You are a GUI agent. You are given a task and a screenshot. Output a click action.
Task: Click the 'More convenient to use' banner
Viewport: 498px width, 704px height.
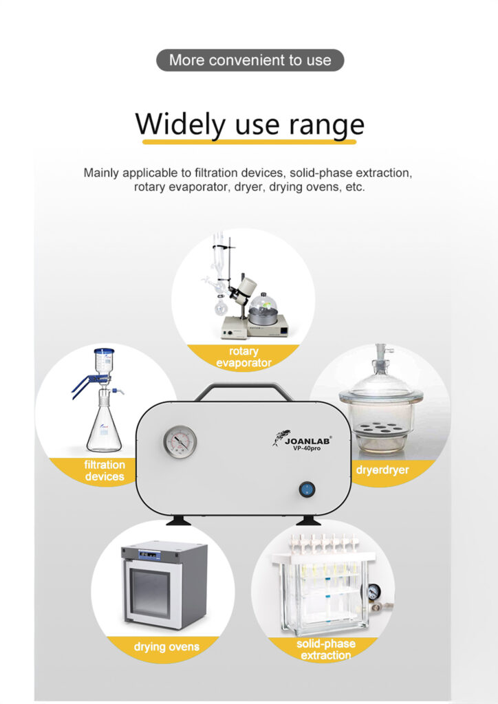pyautogui.click(x=250, y=60)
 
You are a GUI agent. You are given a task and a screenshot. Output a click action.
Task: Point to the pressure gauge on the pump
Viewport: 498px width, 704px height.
pyautogui.click(x=180, y=442)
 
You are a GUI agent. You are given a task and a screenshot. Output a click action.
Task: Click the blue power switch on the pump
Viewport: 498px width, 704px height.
pyautogui.click(x=307, y=489)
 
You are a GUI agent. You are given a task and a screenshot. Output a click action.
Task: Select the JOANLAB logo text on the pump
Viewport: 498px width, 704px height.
pyautogui.click(x=307, y=441)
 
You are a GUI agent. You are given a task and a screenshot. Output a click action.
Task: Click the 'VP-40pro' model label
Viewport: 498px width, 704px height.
pyautogui.click(x=307, y=448)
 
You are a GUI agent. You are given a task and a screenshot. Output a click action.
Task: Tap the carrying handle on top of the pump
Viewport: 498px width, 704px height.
pyautogui.click(x=243, y=390)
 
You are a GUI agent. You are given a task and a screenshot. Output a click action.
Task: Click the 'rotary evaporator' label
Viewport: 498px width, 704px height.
pyautogui.click(x=243, y=357)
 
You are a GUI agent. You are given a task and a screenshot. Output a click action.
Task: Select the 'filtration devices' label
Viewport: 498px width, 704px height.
pyautogui.click(x=105, y=470)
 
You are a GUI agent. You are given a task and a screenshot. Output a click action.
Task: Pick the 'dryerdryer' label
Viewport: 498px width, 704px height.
pyautogui.click(x=382, y=470)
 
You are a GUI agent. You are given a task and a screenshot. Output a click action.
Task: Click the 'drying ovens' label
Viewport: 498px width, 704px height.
pyautogui.click(x=166, y=647)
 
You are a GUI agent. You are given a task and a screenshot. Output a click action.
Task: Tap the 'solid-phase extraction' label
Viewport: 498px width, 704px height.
pyautogui.click(x=326, y=650)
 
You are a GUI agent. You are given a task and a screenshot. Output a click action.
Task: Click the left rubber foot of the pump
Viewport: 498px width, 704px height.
pyautogui.click(x=178, y=520)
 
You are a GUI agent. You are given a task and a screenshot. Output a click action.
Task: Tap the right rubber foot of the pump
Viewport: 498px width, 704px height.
pyautogui.click(x=308, y=520)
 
